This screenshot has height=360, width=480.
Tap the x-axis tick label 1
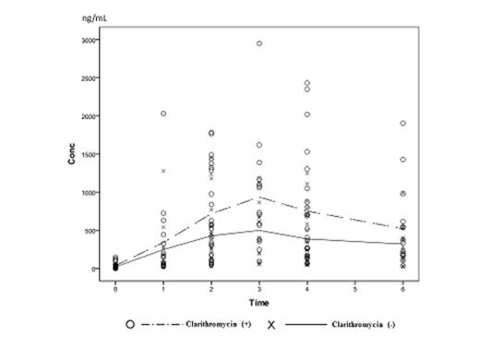point(163,288)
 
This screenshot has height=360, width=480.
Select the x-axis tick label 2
point(211,288)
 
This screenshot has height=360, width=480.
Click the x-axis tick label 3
point(259,288)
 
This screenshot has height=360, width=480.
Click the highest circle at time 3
point(259,43)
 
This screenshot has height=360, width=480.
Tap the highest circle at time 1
point(163,114)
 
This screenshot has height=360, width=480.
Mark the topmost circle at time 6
point(402,123)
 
